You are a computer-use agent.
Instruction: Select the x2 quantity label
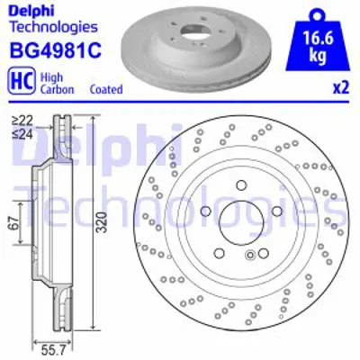(339, 88)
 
